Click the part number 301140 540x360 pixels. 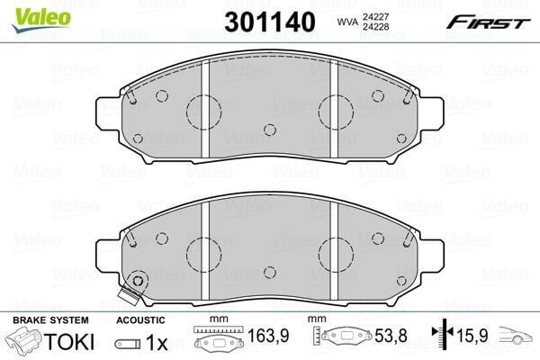pyautogui.click(x=270, y=22)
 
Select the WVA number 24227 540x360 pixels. pyautogui.click(x=375, y=16)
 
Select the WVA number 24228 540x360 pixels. pyautogui.click(x=375, y=27)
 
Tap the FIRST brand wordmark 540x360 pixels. pyautogui.click(x=488, y=23)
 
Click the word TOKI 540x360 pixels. pyautogui.click(x=69, y=342)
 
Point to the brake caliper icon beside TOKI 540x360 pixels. pyautogui.click(x=25, y=340)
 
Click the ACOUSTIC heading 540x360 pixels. pyautogui.click(x=140, y=320)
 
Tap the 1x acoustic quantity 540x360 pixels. pyautogui.click(x=157, y=343)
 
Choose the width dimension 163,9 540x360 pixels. pyautogui.click(x=268, y=335)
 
